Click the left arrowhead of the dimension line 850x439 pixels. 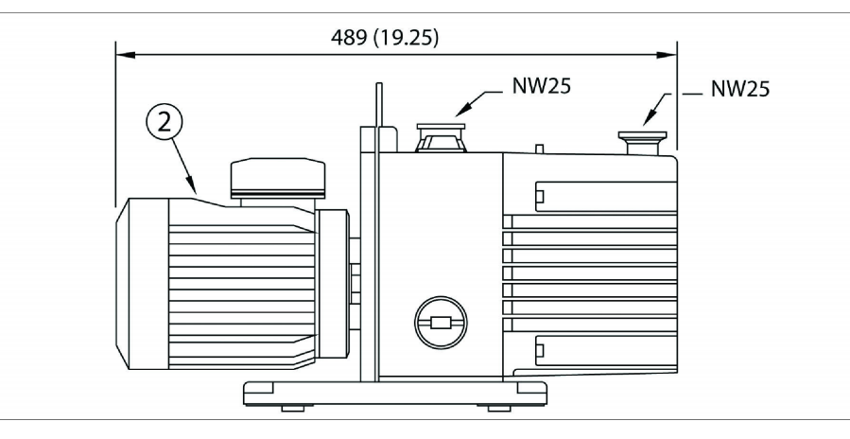pos(120,56)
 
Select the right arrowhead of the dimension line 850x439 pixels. pos(670,56)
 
